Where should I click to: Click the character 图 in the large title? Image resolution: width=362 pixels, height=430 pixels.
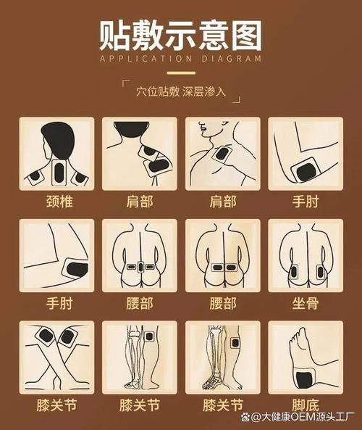pos(243,35)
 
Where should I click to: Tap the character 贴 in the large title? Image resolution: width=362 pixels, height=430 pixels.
pos(118,35)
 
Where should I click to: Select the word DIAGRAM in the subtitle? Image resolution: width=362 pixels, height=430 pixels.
pos(231,59)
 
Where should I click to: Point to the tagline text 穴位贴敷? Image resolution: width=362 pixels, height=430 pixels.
pos(156,92)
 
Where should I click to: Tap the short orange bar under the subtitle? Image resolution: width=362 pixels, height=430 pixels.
pos(181,72)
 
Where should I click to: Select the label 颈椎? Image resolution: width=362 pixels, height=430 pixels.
pos(55,201)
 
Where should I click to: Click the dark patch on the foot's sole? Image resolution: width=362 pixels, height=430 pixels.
pos(302,376)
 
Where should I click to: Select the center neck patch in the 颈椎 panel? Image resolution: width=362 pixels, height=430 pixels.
pos(59,172)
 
